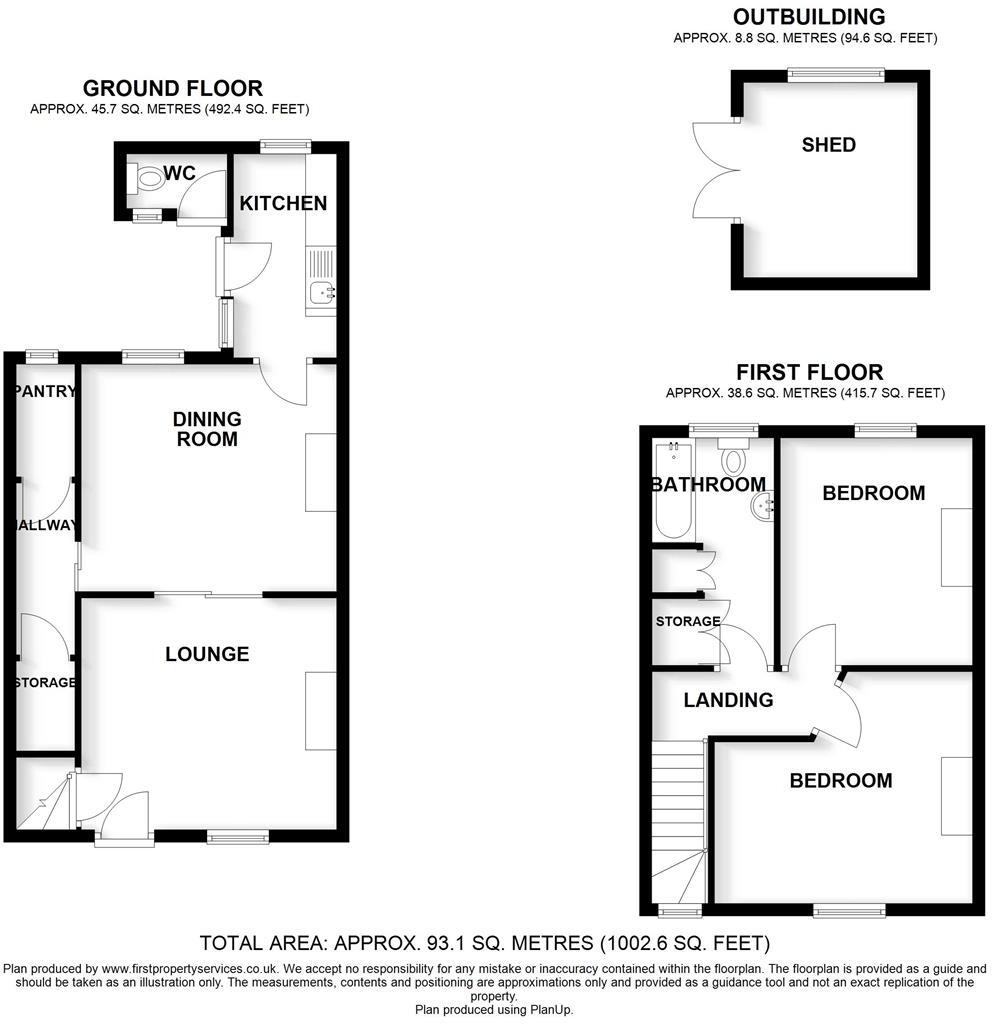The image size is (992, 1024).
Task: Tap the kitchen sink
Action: tap(321, 292)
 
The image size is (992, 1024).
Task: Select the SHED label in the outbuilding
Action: tap(829, 145)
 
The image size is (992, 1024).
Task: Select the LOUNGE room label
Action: tap(207, 654)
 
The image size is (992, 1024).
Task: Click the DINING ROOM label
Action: tap(207, 428)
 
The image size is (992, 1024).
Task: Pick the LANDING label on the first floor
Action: tap(728, 700)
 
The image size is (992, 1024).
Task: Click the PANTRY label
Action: tap(46, 392)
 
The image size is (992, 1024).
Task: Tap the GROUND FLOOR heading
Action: tap(172, 89)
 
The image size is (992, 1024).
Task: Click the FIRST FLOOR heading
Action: tap(810, 373)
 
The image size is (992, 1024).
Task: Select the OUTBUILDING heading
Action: tap(809, 17)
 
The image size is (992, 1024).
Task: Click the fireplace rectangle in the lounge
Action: tap(321, 711)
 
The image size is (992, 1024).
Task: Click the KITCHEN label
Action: tap(283, 203)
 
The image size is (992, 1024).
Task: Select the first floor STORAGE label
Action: tap(688, 622)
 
